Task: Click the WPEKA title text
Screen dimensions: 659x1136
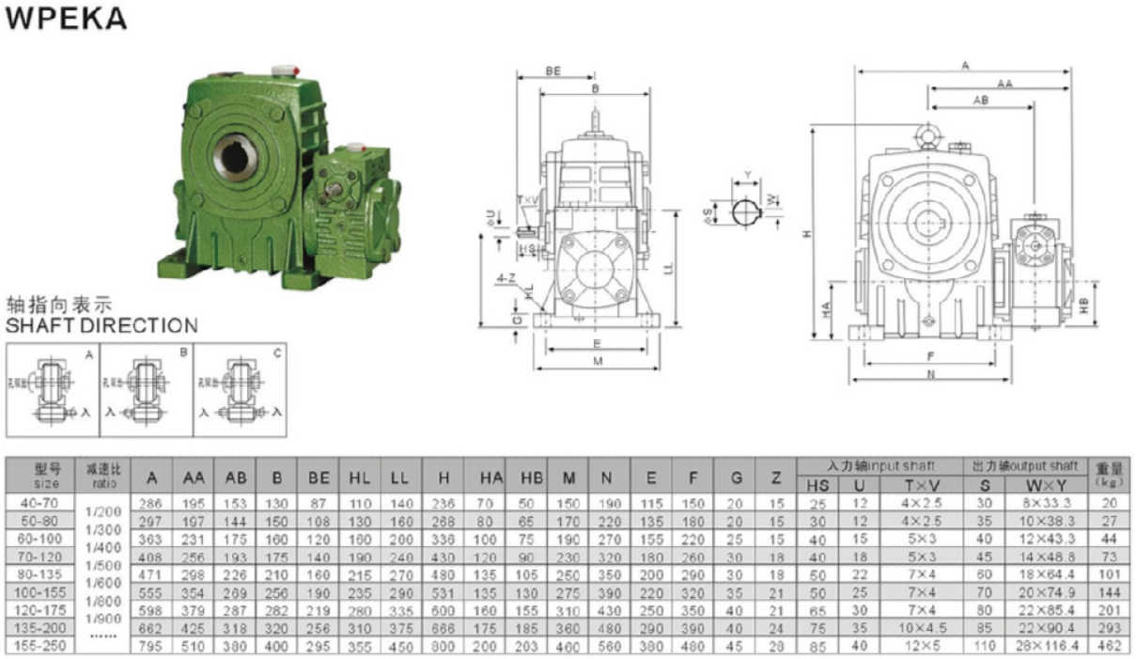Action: (x=66, y=20)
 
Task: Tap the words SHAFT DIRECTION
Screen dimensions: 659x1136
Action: (x=101, y=326)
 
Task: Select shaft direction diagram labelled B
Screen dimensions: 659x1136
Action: (x=146, y=387)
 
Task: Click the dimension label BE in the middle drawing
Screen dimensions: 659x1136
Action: (x=553, y=71)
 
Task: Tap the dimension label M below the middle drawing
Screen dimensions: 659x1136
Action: (x=599, y=363)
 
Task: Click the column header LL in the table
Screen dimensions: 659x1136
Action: (x=401, y=478)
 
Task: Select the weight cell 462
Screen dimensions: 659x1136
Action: (x=1111, y=646)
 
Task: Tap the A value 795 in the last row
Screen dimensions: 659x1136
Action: (x=150, y=646)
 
